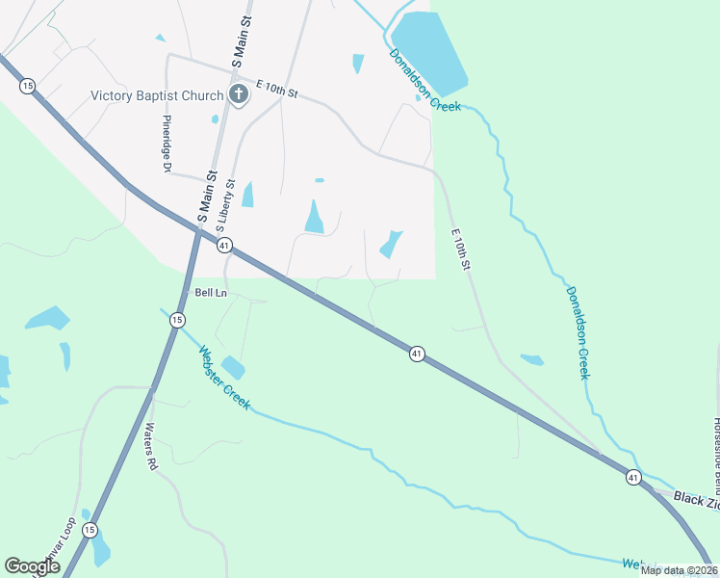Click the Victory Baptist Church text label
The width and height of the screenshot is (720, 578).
157,95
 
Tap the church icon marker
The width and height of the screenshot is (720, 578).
238,94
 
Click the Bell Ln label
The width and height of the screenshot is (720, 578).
210,293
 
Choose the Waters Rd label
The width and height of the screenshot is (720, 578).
150,446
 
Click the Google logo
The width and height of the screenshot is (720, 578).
32,566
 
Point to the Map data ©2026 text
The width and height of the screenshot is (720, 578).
679,570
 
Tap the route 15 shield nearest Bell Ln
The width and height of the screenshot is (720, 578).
177,320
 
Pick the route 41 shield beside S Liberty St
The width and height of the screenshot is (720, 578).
223,246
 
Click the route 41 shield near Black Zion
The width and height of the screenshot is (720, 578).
632,477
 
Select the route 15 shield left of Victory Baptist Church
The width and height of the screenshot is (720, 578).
27,86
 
